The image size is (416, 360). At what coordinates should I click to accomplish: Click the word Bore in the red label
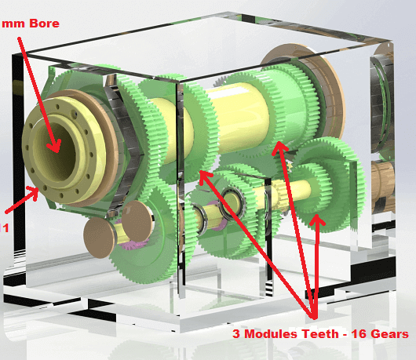point(44,24)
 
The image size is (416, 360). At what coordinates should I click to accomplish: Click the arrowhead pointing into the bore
point(55,147)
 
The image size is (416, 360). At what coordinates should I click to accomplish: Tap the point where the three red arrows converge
point(314,318)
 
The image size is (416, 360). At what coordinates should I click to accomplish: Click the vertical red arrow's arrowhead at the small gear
point(316,220)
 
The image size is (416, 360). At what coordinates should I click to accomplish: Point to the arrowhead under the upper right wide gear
point(279,148)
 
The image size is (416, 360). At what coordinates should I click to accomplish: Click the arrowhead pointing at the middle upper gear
point(205,177)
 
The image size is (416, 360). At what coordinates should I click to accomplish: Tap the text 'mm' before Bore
point(13,24)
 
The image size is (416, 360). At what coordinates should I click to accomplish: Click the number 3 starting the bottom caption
point(236,334)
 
